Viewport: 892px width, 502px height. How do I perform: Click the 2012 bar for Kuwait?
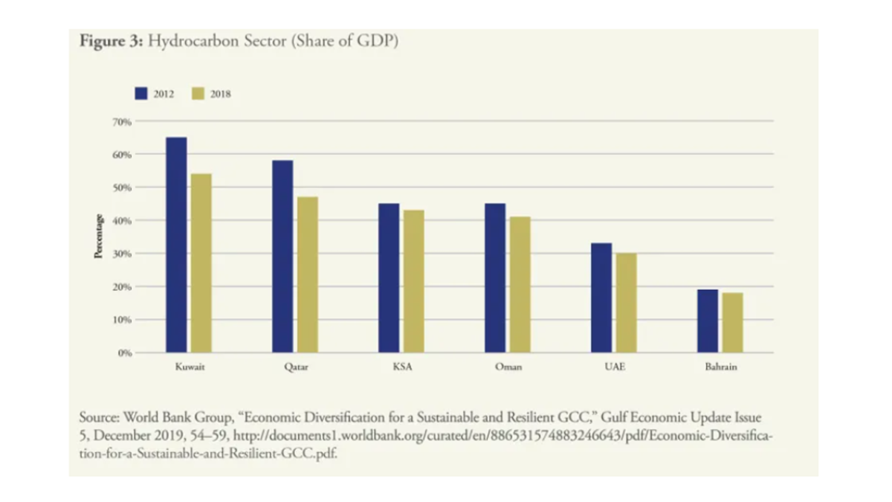pyautogui.click(x=176, y=245)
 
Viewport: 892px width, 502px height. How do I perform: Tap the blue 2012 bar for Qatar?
pyautogui.click(x=282, y=256)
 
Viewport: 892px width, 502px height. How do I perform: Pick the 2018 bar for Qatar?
pyautogui.click(x=307, y=274)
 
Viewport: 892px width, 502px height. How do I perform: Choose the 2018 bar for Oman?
pyautogui.click(x=520, y=284)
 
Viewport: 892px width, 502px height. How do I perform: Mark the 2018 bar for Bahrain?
pyautogui.click(x=732, y=323)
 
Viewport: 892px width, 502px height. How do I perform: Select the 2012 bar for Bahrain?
pyautogui.click(x=708, y=321)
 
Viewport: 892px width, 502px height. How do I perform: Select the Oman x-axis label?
pyautogui.click(x=508, y=368)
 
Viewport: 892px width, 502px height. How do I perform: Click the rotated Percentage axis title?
pyautogui.click(x=97, y=237)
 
